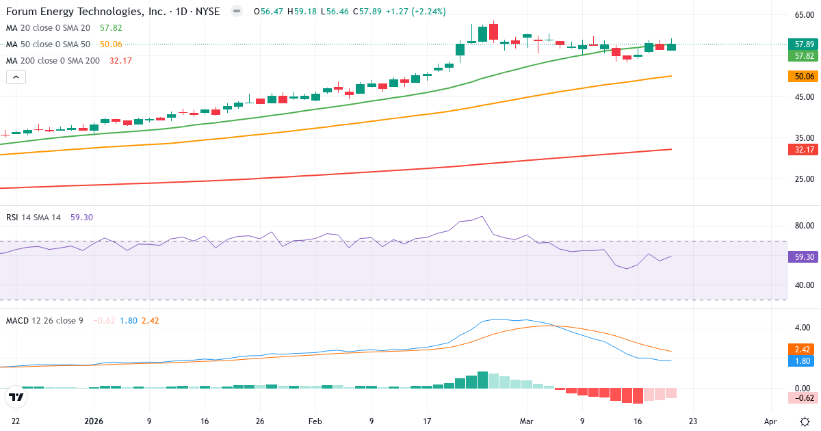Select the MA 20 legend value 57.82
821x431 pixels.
point(111,28)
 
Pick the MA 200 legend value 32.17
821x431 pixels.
point(120,61)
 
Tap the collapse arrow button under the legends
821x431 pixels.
point(16,77)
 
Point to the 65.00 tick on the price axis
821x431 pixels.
point(803,15)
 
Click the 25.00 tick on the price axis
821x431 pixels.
point(803,179)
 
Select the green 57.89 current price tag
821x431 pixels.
point(803,44)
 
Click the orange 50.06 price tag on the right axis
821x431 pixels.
point(803,77)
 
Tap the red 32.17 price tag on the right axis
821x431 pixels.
point(803,150)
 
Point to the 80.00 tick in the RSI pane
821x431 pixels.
point(803,226)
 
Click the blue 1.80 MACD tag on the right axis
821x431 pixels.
point(803,361)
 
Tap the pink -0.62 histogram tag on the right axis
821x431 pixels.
point(803,397)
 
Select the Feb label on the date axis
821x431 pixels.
point(315,422)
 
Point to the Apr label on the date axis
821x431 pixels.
point(770,422)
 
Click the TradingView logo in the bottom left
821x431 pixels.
point(16,397)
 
